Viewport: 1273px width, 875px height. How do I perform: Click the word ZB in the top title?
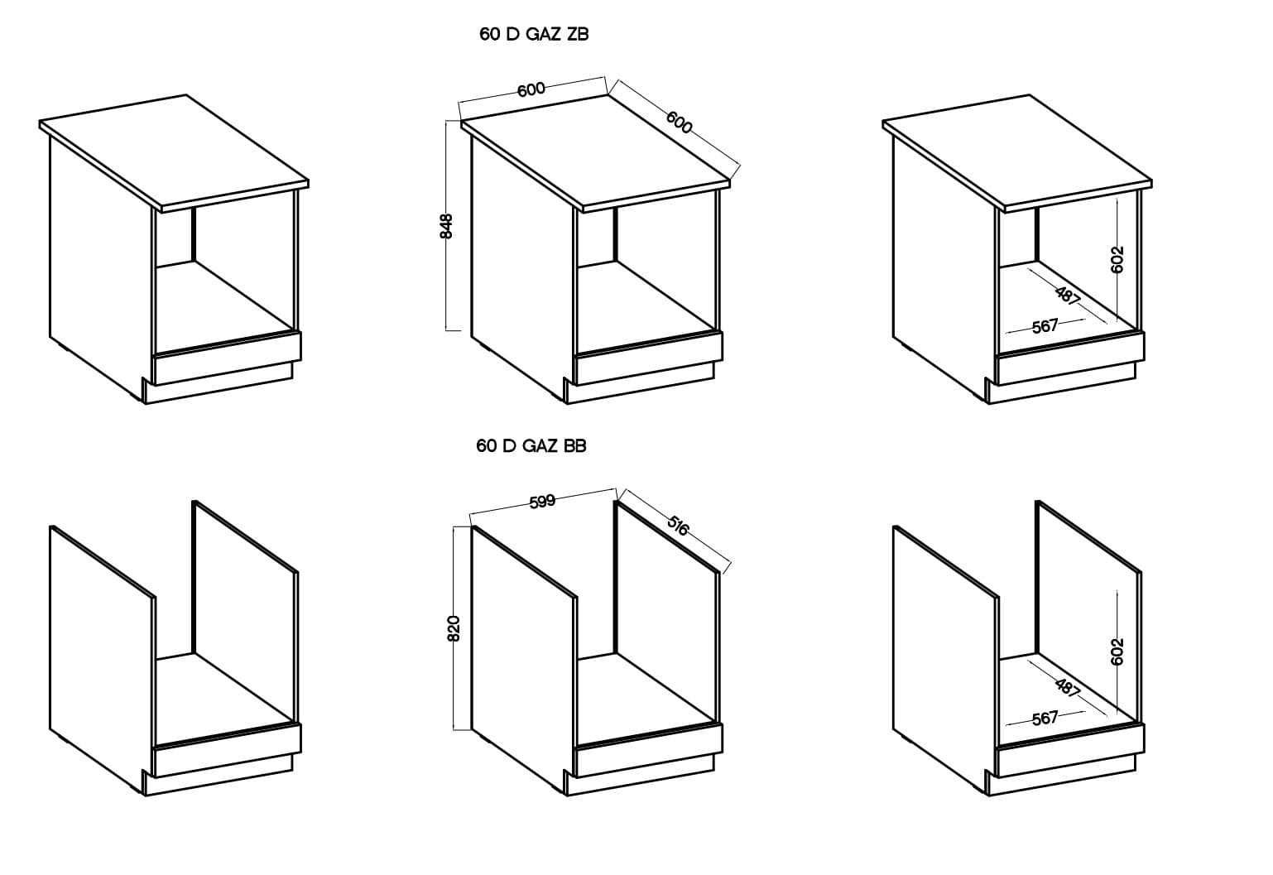(x=577, y=35)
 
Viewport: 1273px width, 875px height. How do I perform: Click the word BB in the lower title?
(x=574, y=446)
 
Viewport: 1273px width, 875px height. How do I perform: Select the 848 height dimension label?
(x=447, y=226)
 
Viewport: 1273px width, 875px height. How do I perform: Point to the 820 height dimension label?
(x=454, y=628)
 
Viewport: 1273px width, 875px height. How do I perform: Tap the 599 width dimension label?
(x=541, y=501)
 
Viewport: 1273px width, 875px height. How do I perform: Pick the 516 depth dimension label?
(x=678, y=526)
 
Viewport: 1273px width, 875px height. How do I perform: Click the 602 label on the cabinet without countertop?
(x=1117, y=651)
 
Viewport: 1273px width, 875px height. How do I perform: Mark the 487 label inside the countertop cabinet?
(x=1068, y=296)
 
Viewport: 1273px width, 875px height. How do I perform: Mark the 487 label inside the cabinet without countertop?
(x=1068, y=687)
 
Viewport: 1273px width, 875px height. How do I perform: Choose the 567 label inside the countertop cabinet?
(x=1045, y=326)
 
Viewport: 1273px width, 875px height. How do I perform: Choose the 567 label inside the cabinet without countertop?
(x=1045, y=718)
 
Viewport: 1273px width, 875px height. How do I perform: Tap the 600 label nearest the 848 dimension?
(x=531, y=89)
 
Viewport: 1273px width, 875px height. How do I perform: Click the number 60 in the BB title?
(x=486, y=446)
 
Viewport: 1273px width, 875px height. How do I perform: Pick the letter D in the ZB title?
(x=512, y=35)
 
